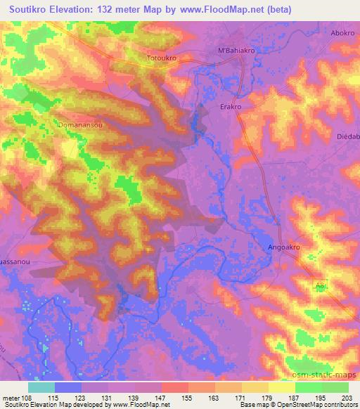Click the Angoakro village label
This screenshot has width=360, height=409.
click(286, 247)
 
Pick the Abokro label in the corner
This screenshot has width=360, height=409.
click(344, 32)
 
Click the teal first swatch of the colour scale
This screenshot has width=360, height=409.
click(41, 387)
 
